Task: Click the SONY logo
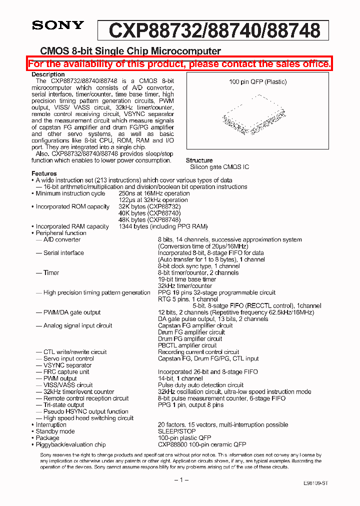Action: pos(58,26)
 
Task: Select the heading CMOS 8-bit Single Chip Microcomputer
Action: pos(130,51)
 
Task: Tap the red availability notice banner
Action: pos(179,63)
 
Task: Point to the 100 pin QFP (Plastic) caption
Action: pos(257,82)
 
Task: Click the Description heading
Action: pos(48,74)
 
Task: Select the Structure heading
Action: pos(199,160)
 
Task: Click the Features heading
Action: pos(44,173)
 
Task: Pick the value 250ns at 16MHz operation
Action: pos(154,193)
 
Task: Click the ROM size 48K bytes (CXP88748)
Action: pos(149,219)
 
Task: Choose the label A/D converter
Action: pos(61,239)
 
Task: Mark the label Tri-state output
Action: pos(63,405)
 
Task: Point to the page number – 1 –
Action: pos(179,479)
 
